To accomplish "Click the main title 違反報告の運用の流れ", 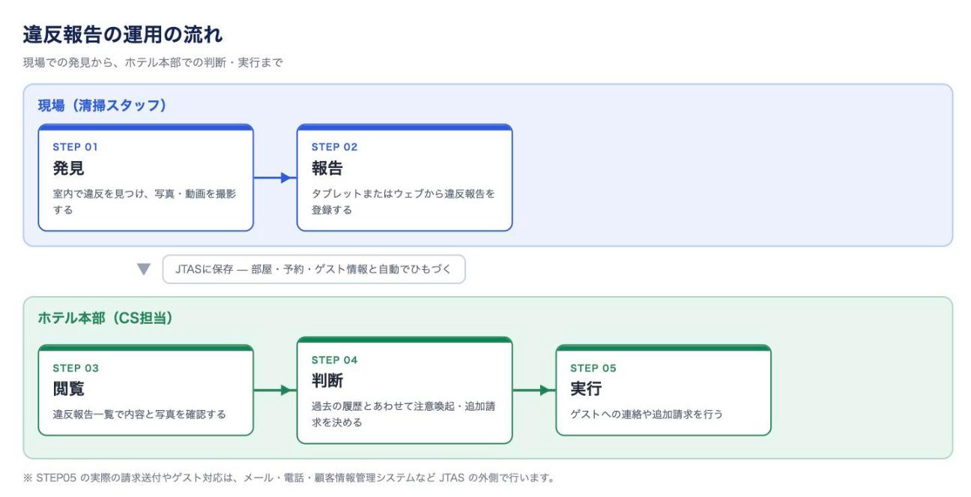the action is pos(123,34).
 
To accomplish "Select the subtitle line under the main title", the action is pos(153,63).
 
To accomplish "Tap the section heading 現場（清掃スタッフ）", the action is pos(103,106).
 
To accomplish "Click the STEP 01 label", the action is pos(76,147).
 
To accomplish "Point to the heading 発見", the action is pos(68,168).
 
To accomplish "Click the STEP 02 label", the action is pos(335,147).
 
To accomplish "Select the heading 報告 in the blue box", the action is pos(327,168).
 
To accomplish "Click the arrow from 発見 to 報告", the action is pos(275,178).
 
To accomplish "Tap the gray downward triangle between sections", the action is pos(144,269).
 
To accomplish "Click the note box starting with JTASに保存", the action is pos(314,269).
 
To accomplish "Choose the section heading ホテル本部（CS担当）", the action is pos(106,319).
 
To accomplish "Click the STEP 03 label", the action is pos(76,368).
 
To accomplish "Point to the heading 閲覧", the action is pos(68,389).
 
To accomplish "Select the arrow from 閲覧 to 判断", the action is pos(275,391).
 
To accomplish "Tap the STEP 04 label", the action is pos(335,360).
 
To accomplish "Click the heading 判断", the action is pos(327,381).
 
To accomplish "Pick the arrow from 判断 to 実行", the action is pos(534,391).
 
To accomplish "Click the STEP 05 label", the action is pos(593,368).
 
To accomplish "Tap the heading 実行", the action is pos(586,389).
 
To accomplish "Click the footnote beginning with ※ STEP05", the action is pos(289,478).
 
